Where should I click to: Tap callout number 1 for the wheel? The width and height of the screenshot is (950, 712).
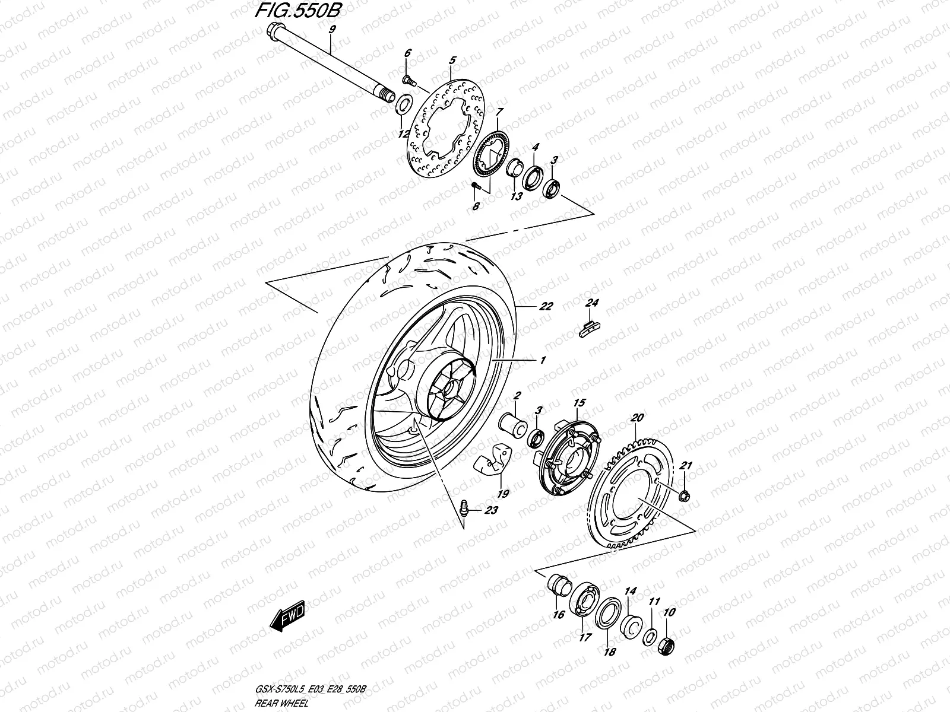542,360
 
